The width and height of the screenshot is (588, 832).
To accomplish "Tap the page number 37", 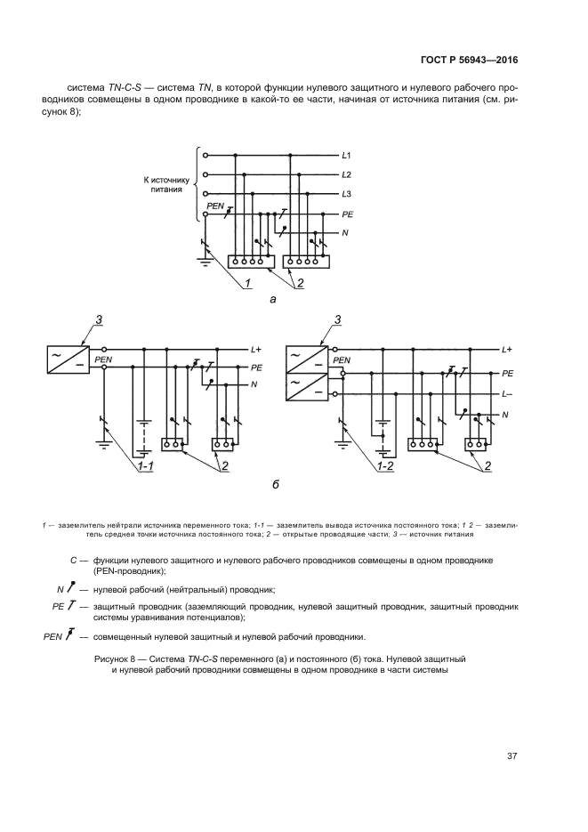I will pyautogui.click(x=512, y=756).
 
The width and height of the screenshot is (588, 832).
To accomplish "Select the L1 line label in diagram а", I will pyautogui.click(x=347, y=155).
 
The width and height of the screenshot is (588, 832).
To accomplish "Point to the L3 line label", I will pyautogui.click(x=347, y=194).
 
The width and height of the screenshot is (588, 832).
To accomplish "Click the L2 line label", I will pyautogui.click(x=347, y=174).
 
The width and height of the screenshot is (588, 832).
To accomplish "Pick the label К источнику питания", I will pyautogui.click(x=166, y=184).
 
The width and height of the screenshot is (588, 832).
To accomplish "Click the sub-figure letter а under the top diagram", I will pyautogui.click(x=273, y=300).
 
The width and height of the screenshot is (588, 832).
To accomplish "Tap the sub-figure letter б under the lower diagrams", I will pyautogui.click(x=276, y=485).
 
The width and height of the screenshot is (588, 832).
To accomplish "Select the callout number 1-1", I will pyautogui.click(x=145, y=464).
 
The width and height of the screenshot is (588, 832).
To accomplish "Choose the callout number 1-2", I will pyautogui.click(x=385, y=464).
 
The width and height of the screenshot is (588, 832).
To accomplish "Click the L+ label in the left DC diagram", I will pyautogui.click(x=256, y=350).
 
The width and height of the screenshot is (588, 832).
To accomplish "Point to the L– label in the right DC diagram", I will pyautogui.click(x=507, y=393).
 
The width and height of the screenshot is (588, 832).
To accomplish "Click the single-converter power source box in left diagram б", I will pyautogui.click(x=68, y=359).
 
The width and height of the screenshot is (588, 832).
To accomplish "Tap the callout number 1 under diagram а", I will pyautogui.click(x=247, y=284).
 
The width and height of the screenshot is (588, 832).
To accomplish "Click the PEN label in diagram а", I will pyautogui.click(x=215, y=206).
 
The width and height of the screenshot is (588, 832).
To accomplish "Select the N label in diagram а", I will pyautogui.click(x=345, y=233).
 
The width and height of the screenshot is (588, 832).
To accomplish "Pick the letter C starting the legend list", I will pyautogui.click(x=74, y=560).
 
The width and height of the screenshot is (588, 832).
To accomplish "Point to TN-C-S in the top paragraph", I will pyautogui.click(x=123, y=88).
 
